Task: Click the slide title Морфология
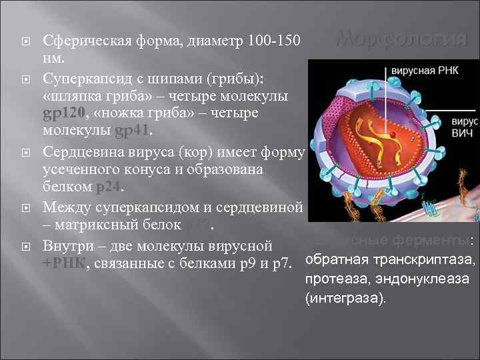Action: (401, 40)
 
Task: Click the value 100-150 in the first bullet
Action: (275, 42)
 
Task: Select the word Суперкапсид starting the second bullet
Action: (84, 79)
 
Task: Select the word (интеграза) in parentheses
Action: (346, 299)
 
